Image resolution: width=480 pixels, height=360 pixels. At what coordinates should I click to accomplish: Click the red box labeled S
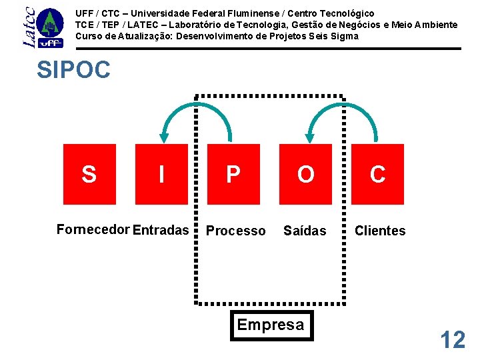(x=89, y=173)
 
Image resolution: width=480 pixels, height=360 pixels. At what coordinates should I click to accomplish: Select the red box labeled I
(x=161, y=173)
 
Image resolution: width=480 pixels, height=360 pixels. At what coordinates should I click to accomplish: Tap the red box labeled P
(x=233, y=173)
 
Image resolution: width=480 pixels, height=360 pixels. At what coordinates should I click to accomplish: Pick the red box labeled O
(x=305, y=173)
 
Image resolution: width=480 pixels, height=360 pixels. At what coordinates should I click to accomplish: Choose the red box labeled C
(x=377, y=173)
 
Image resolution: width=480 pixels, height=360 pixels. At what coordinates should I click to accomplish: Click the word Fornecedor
(x=93, y=230)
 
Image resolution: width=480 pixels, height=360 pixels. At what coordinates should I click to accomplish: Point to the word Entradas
(x=161, y=230)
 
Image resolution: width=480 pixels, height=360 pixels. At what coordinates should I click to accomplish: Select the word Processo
(x=235, y=231)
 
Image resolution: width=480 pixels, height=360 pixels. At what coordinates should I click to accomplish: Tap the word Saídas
(x=305, y=231)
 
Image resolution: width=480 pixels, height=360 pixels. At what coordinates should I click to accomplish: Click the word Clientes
(x=380, y=231)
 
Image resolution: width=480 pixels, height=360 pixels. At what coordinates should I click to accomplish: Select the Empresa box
(x=271, y=325)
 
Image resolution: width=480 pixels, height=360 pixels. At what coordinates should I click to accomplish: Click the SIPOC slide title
(x=74, y=70)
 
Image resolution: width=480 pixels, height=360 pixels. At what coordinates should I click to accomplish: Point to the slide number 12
(x=453, y=340)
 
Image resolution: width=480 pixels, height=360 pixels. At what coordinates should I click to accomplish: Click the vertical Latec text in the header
(x=29, y=27)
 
